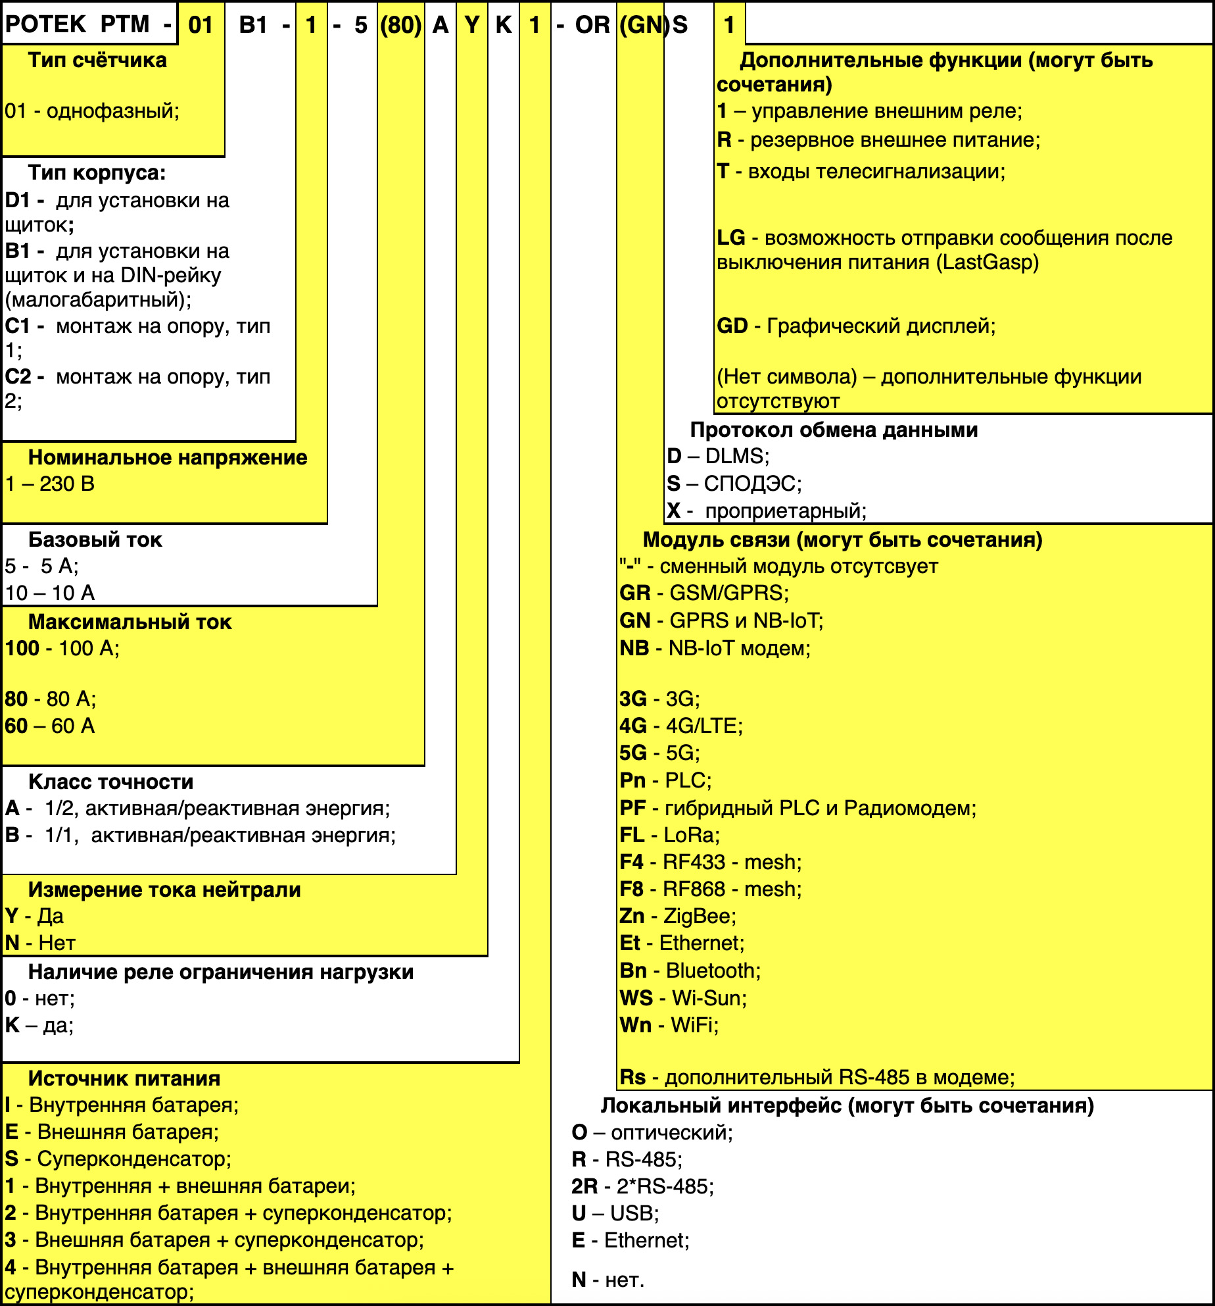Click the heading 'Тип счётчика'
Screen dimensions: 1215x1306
(x=97, y=61)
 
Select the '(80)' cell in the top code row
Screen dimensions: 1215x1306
(x=400, y=25)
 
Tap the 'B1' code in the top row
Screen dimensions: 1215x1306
(x=253, y=25)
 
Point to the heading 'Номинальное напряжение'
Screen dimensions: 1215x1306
(x=168, y=457)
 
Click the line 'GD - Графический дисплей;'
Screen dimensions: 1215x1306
(x=856, y=326)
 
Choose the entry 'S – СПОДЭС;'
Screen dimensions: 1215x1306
(x=734, y=484)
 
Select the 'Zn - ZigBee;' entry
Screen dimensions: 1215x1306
(x=678, y=916)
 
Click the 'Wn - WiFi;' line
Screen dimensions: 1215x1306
(x=669, y=1025)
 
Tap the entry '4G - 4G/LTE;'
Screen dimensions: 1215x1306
(x=681, y=726)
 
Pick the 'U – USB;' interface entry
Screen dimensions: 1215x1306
(x=615, y=1213)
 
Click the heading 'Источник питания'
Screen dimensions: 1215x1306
(x=124, y=1078)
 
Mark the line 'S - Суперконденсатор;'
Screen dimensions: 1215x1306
(x=118, y=1159)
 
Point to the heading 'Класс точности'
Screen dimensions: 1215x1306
(x=110, y=782)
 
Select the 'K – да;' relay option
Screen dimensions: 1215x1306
(x=39, y=1025)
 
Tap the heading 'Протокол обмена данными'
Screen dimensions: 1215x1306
(x=834, y=430)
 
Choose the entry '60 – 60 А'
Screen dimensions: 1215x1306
(x=50, y=726)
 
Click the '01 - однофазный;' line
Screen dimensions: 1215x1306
(x=92, y=111)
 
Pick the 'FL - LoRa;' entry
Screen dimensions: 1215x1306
(x=670, y=835)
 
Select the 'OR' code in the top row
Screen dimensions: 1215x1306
(x=592, y=25)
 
